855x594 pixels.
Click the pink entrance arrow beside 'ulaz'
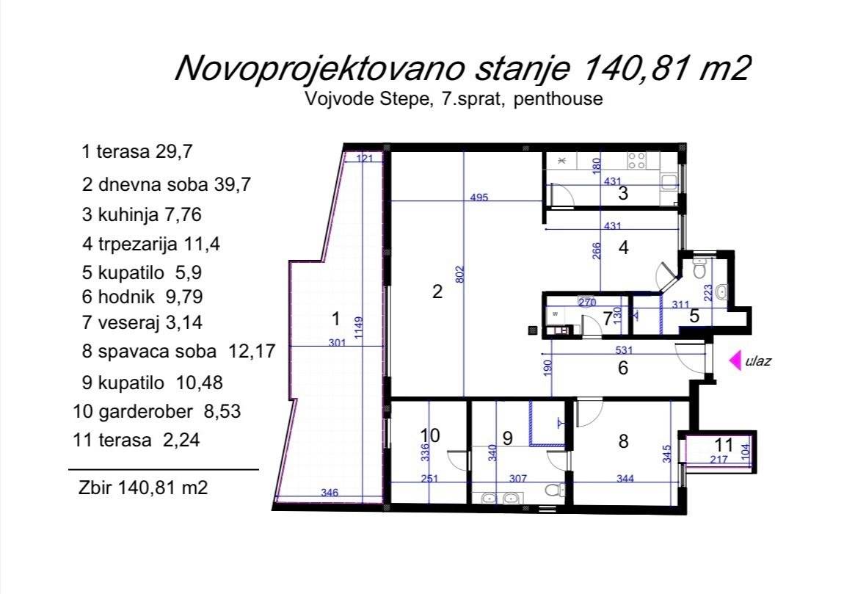(735, 360)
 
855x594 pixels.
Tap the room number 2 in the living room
(437, 291)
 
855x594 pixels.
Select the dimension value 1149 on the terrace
(359, 327)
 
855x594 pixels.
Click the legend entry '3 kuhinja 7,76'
(142, 214)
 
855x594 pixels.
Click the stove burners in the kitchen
(637, 160)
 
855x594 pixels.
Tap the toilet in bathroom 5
(699, 268)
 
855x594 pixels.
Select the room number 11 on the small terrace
(724, 444)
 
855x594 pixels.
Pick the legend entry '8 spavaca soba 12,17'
(179, 351)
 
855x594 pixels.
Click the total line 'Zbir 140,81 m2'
(143, 487)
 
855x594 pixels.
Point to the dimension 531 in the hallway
(624, 349)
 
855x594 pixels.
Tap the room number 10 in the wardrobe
(429, 435)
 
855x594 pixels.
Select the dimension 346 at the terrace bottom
(330, 493)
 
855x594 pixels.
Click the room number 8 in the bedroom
(623, 441)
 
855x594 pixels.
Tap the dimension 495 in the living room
(479, 197)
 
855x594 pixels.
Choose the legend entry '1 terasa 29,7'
(137, 151)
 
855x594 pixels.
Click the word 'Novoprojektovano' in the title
(319, 68)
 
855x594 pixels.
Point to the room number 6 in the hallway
(623, 368)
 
